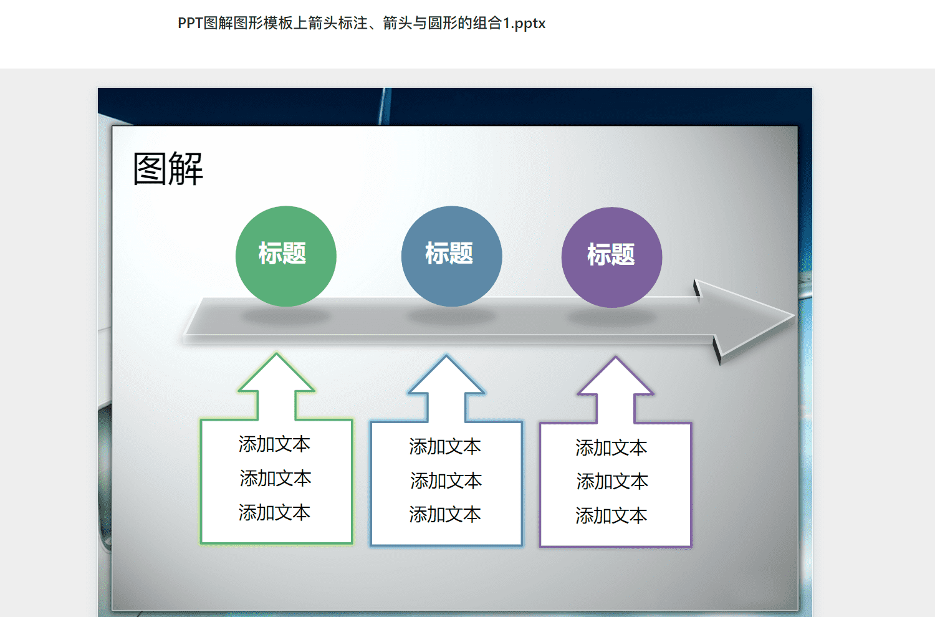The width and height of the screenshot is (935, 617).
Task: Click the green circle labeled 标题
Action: pos(286,256)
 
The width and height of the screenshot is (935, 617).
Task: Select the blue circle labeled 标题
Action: pos(452,256)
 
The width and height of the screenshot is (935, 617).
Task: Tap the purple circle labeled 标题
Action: pos(611,257)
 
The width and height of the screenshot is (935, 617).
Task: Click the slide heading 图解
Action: pos(168,169)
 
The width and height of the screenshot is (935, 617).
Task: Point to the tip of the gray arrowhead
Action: pos(794,316)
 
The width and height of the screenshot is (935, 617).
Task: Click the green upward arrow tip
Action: pos(276,354)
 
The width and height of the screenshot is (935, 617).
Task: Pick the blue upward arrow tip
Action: pos(446,356)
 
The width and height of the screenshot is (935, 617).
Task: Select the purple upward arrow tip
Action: pos(615,357)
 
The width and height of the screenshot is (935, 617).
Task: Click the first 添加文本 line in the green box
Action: pos(274,444)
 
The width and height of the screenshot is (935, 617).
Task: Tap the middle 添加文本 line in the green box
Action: pos(276,478)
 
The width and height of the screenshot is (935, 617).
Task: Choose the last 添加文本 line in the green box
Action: pos(274,512)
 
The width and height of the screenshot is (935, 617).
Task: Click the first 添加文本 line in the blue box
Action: pos(445,446)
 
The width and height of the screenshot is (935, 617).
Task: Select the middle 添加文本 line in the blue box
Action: pos(446,481)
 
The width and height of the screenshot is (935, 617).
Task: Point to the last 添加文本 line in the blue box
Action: pos(445,514)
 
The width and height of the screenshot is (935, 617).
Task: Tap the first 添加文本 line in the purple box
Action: pos(611,447)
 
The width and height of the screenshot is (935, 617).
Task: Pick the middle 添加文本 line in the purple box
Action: pos(612,481)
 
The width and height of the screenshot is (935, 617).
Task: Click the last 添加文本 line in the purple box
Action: pos(611,515)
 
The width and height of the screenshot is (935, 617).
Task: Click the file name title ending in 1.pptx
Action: pos(362,24)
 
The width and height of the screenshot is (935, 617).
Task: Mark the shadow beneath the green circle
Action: pos(286,316)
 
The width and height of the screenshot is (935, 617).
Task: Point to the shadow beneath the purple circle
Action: pos(611,317)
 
